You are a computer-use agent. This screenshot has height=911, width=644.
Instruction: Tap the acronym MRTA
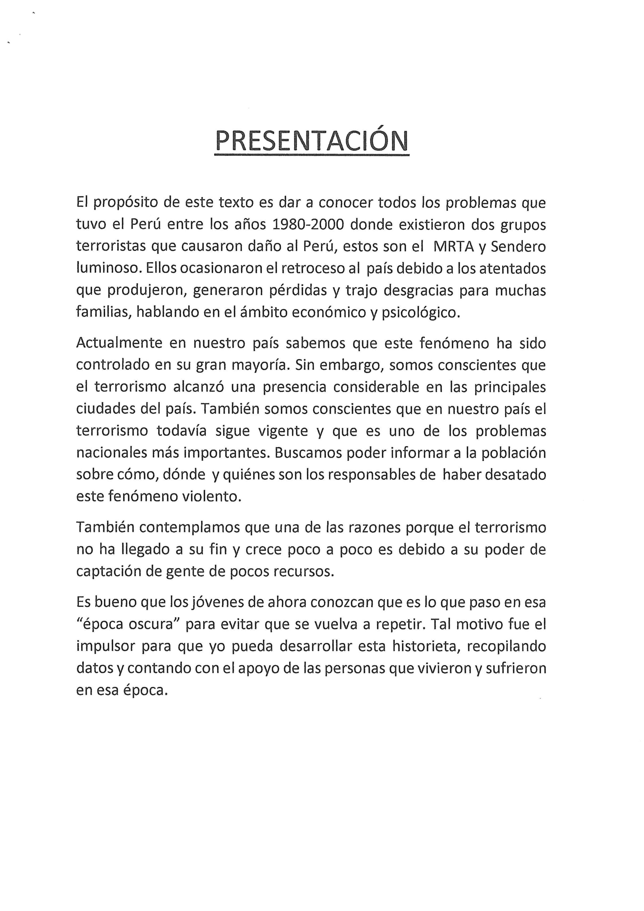(x=454, y=247)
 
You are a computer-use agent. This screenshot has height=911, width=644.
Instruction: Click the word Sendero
(x=518, y=247)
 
